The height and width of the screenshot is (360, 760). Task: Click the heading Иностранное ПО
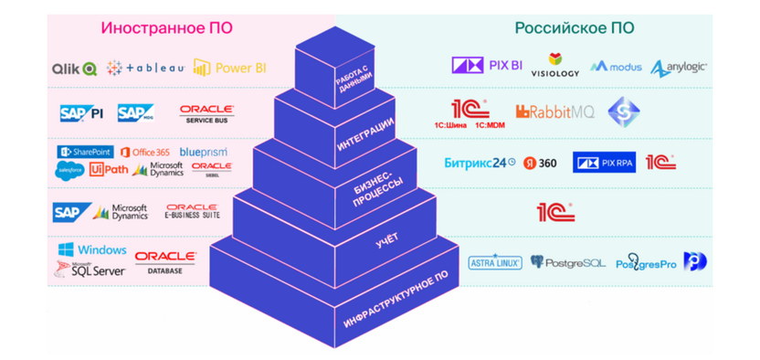coord(166,28)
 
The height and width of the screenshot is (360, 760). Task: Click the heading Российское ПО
coord(575,28)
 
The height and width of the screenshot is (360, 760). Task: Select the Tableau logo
coord(146,68)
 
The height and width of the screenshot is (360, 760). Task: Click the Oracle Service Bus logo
coord(206,114)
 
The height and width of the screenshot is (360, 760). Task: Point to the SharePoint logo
coord(86,152)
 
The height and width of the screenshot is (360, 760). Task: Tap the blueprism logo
coord(203,152)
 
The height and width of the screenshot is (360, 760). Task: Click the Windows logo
coord(91,249)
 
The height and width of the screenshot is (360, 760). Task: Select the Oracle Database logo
coord(165,262)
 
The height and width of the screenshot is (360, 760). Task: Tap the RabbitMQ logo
coord(554,111)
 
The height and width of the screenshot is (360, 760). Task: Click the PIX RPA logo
coord(604,163)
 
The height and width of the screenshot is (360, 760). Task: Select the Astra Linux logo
coord(495,262)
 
